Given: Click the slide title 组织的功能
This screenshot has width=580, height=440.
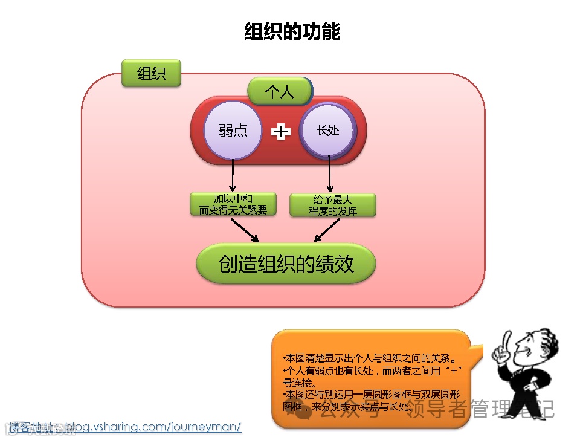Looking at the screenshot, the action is tap(292, 31).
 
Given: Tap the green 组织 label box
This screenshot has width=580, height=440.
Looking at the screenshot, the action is tap(151, 74).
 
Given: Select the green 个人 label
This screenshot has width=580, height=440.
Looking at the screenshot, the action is tap(280, 91).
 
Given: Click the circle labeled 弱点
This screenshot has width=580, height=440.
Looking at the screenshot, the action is tap(233, 131).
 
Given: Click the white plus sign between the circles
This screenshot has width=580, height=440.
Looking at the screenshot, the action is tap(280, 131).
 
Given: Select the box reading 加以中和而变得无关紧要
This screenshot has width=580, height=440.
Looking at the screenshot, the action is tap(233, 204).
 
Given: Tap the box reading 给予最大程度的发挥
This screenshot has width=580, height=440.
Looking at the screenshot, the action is tap(332, 205).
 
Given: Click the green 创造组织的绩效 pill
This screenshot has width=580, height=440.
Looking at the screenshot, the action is tap(286, 264).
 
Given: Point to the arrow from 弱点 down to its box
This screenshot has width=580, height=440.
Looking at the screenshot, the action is tap(233, 175).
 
